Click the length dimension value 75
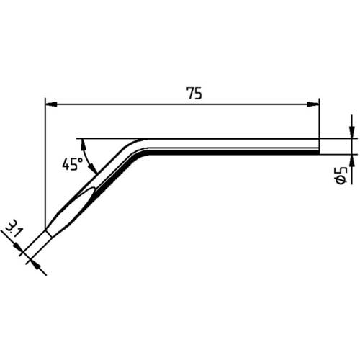pos(193,94)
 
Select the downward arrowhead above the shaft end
pos(351,132)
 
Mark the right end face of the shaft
pos(319,145)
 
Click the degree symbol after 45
pos(80,158)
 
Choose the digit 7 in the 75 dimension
pos(189,94)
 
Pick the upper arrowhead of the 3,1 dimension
pos(17,247)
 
